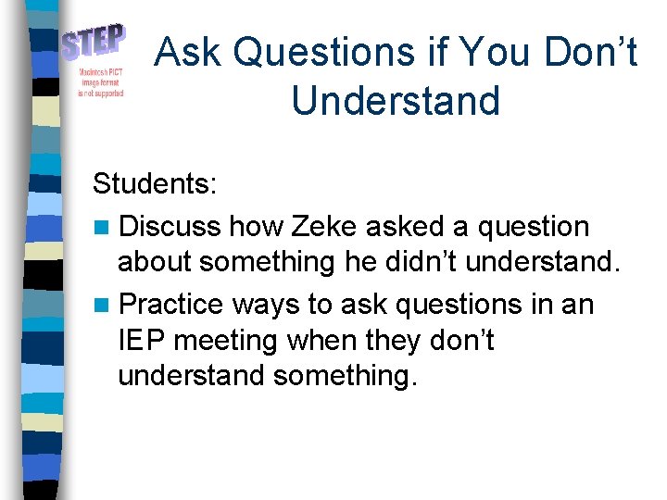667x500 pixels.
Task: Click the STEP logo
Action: pos(94,43)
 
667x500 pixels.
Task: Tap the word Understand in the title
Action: pos(396,100)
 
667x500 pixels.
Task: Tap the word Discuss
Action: pos(170,226)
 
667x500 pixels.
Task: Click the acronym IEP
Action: pos(142,341)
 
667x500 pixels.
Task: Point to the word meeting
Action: pos(227,341)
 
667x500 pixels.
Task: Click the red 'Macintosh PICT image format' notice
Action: pos(94,81)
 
